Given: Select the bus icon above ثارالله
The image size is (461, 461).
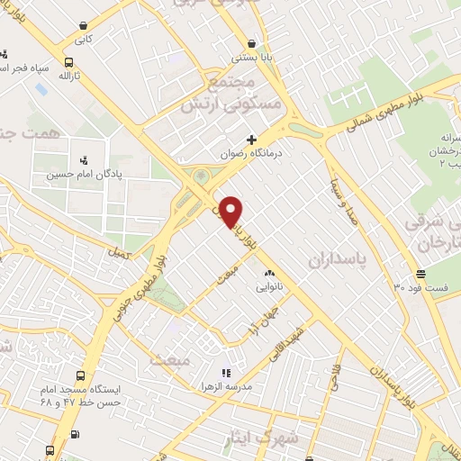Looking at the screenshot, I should (68, 62).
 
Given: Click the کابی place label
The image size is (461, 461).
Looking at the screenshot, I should (84, 40).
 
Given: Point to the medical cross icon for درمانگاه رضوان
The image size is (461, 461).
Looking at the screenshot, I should (251, 139).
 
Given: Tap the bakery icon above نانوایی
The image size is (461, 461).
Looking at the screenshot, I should (268, 272).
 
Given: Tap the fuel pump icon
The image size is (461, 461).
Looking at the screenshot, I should (75, 435).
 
